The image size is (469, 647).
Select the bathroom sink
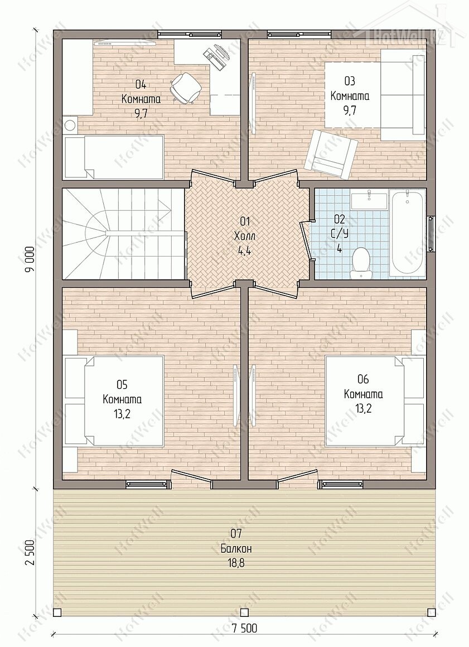369,199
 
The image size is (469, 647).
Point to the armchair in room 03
332,154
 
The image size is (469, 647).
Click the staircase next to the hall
123,233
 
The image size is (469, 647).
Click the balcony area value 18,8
236,562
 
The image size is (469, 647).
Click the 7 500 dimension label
244,639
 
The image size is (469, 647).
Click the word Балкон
236,548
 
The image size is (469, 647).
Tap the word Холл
245,236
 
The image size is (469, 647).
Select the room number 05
122,385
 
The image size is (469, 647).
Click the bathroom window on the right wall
431,234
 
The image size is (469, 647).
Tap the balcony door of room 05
191,476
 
